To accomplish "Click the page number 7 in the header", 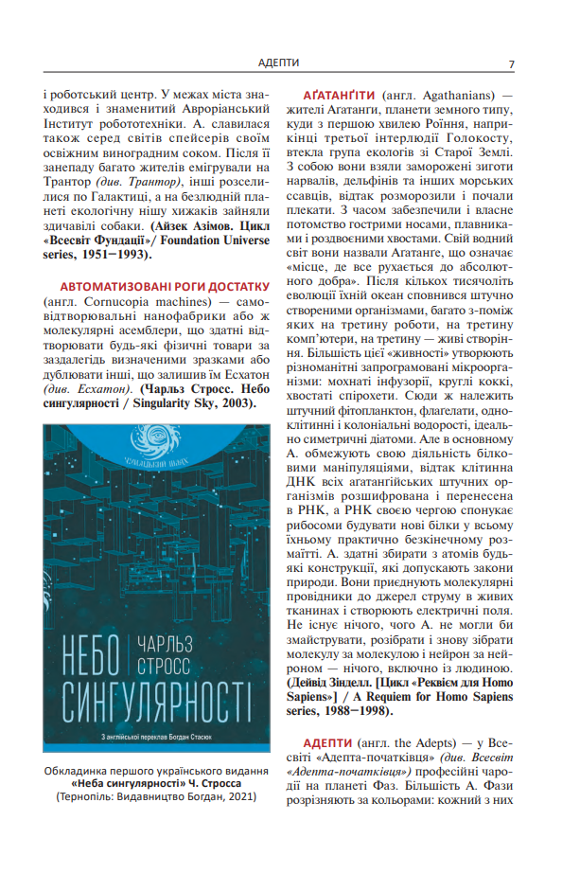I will click(x=511, y=63).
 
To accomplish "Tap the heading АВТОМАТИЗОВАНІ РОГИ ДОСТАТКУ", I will click(x=166, y=286).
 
